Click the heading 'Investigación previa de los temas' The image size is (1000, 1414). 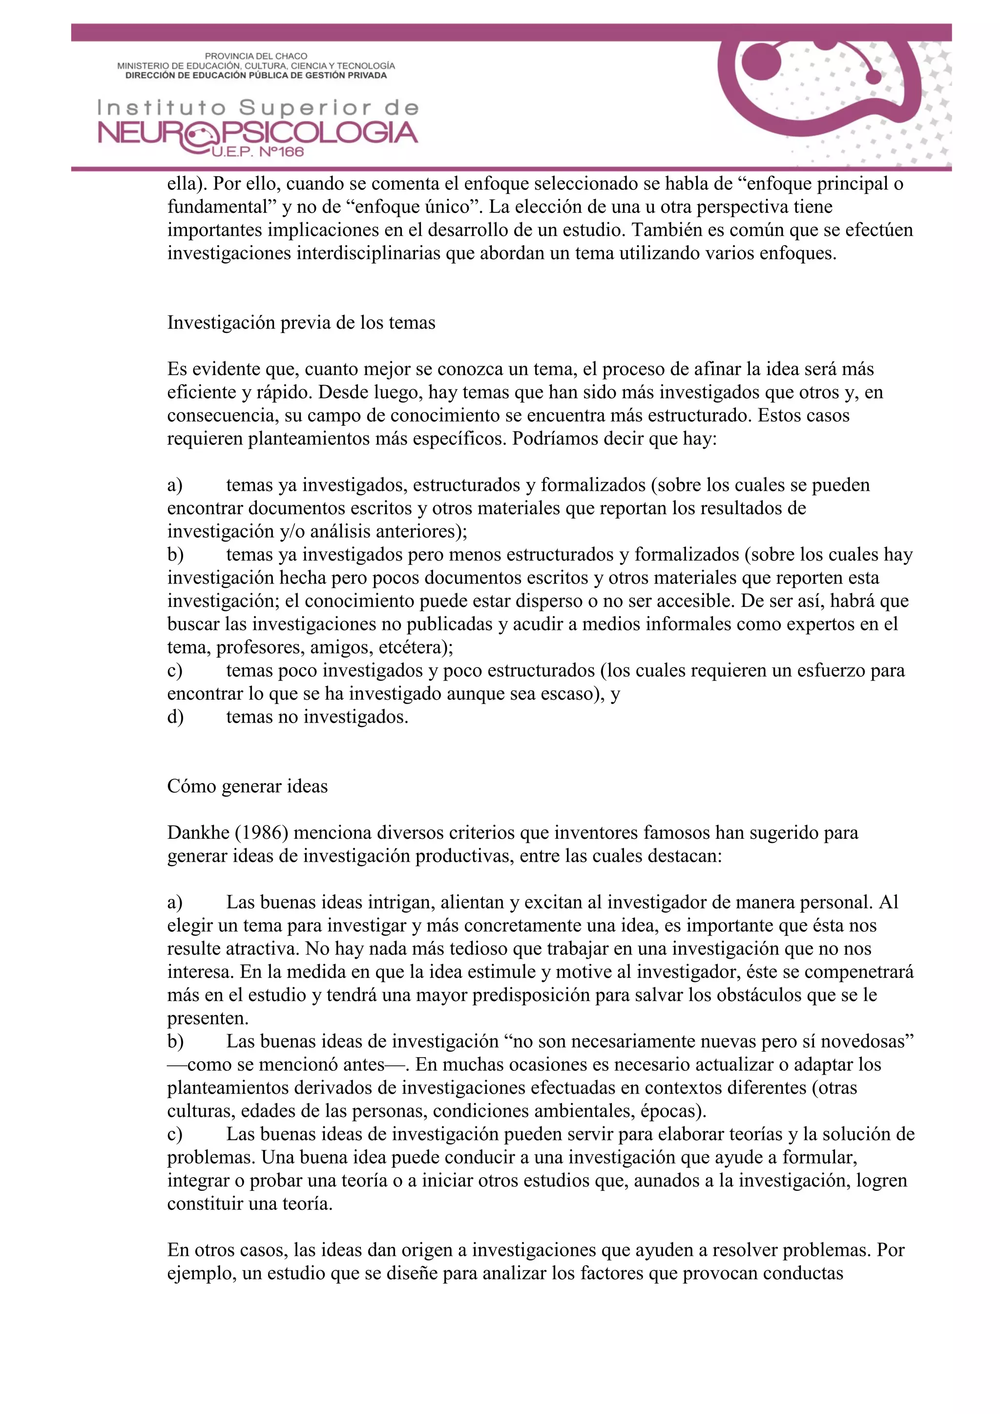301,323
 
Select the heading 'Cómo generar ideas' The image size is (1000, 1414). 247,787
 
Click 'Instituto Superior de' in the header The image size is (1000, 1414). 257,108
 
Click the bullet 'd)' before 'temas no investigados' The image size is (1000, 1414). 175,717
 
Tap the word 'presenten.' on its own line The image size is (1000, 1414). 208,1018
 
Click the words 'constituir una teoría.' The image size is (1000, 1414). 250,1204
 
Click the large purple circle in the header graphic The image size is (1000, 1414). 761,63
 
